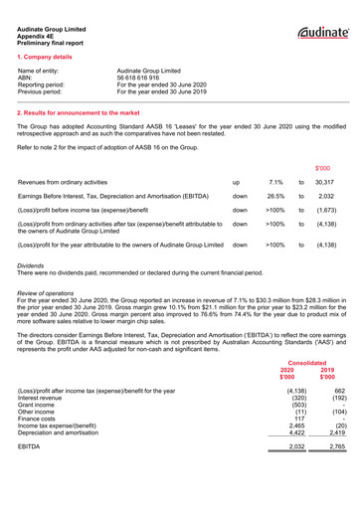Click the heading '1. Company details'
[x=46, y=59]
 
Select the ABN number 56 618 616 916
[x=145, y=78]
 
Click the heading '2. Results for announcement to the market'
[x=85, y=114]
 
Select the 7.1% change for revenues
[x=275, y=183]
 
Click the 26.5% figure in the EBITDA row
[x=275, y=197]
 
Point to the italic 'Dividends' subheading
[x=36, y=267]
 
